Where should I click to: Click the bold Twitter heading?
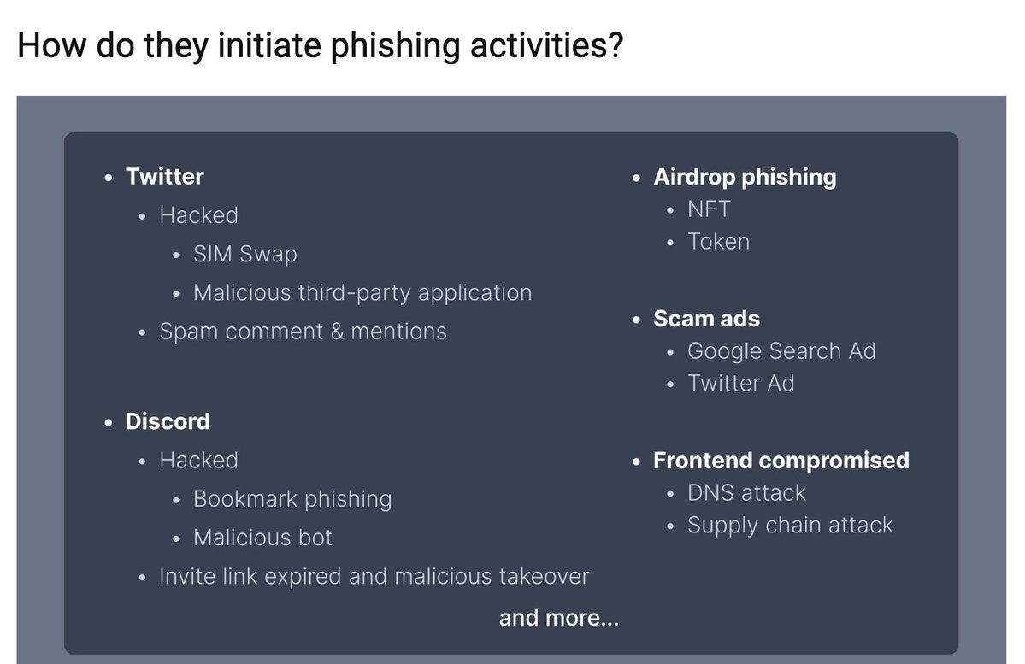coord(164,177)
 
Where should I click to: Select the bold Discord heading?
coord(168,421)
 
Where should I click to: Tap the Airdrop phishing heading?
coord(745,177)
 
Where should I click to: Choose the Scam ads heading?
coord(706,319)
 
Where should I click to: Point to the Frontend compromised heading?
coord(781,461)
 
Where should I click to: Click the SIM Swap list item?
coord(245,254)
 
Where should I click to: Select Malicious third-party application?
coord(362,292)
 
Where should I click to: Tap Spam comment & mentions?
coord(303,332)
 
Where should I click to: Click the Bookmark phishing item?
coord(292,499)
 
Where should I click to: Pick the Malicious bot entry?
coord(262,538)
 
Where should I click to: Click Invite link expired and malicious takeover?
coord(374,576)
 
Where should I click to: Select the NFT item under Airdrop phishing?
coord(709,209)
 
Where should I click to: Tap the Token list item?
coord(718,242)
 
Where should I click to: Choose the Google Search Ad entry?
coord(781,351)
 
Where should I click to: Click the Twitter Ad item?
coord(740,384)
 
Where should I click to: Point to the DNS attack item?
coord(746,493)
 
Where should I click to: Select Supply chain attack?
coord(790,526)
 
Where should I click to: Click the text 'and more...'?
coord(558,618)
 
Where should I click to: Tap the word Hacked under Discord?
coord(198,461)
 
